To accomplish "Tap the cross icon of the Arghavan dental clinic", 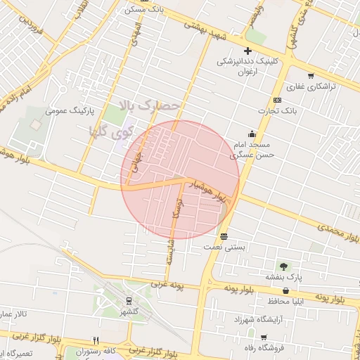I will [x=247, y=50].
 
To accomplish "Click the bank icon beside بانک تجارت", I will [x=277, y=100].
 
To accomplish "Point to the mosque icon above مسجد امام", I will [x=252, y=134].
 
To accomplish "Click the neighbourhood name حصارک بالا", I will [x=150, y=106].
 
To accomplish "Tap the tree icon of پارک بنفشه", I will [x=283, y=266].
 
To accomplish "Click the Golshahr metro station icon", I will [x=127, y=300].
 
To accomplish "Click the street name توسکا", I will [x=177, y=207].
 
